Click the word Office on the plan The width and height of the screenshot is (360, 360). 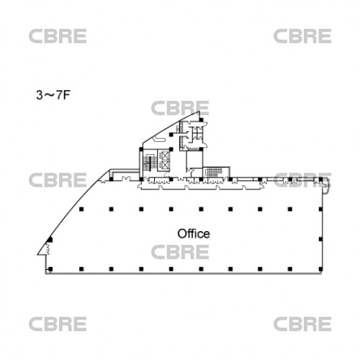click(194, 234)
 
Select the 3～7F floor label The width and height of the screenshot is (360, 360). click(53, 95)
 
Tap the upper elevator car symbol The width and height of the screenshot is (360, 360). click(165, 156)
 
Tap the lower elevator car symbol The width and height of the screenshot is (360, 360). click(165, 165)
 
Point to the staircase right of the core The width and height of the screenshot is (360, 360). click(213, 172)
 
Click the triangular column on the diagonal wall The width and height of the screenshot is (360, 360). click(50, 240)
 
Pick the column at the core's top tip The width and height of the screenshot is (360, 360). click(201, 120)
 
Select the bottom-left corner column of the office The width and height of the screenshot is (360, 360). click(50, 269)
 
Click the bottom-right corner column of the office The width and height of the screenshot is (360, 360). click(320, 269)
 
